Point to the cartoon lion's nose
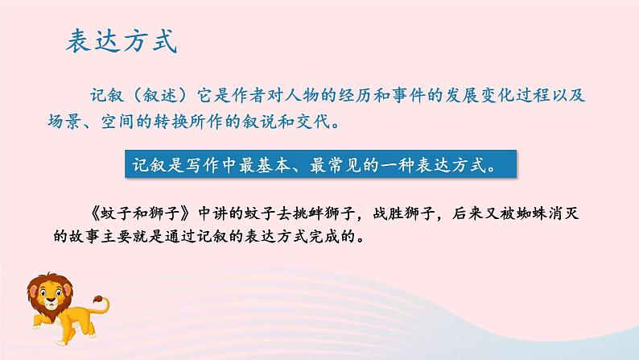point(49,304)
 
